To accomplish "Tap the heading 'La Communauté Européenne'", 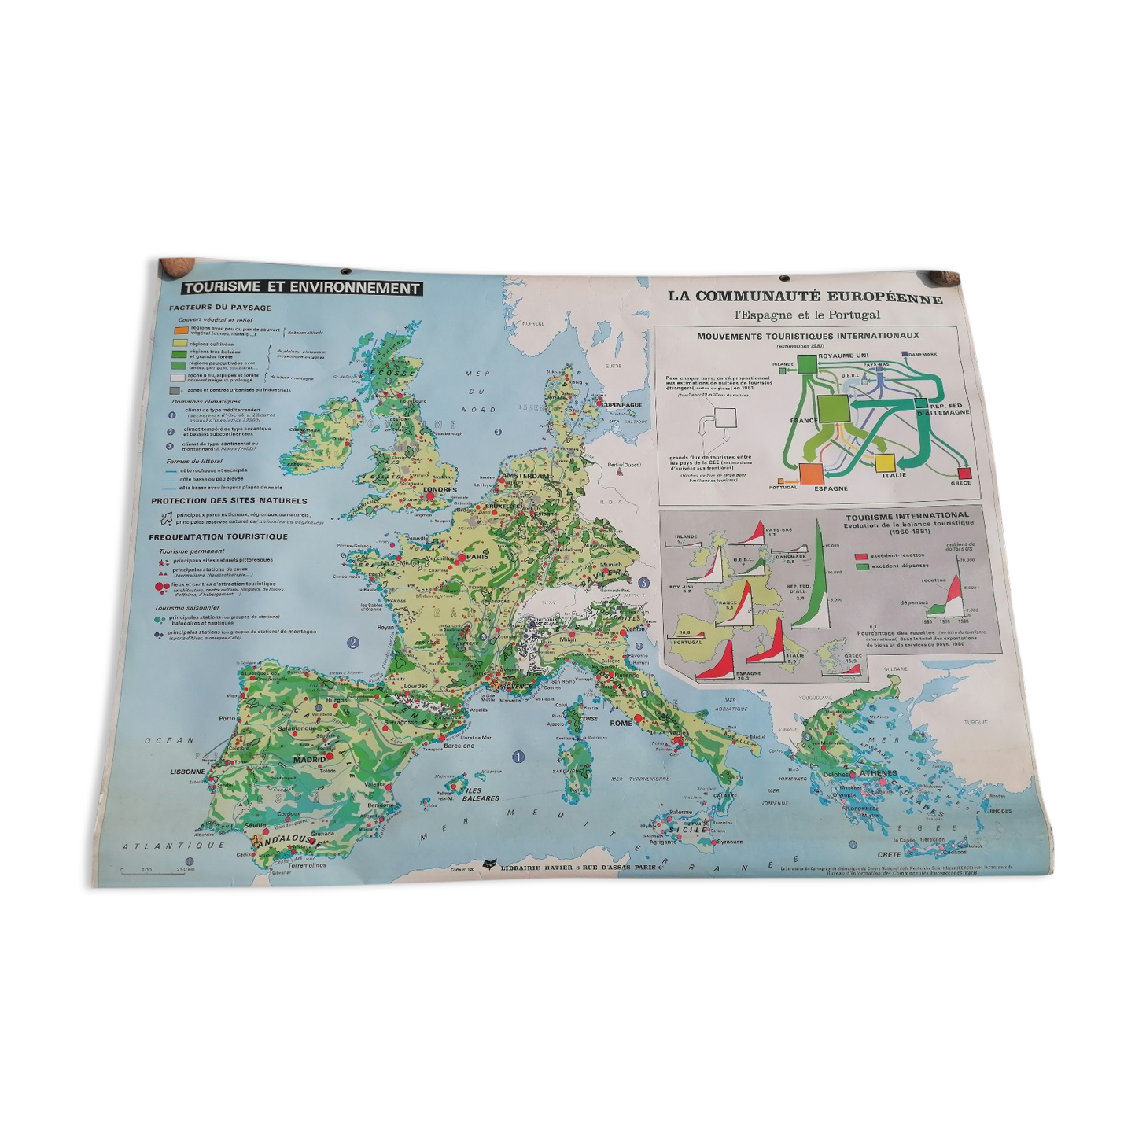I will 805,297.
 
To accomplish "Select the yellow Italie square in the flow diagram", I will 885,462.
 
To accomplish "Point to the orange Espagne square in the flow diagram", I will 810,474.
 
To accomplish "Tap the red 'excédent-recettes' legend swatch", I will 863,555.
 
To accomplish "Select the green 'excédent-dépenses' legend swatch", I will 863,566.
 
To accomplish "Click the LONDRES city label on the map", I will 439,489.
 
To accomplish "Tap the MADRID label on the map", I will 309,760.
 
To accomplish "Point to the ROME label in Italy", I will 621,723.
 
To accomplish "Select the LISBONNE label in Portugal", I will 187,772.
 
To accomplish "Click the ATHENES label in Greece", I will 878,773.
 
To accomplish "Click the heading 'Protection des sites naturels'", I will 230,501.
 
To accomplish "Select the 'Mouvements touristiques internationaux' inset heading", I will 807,337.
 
